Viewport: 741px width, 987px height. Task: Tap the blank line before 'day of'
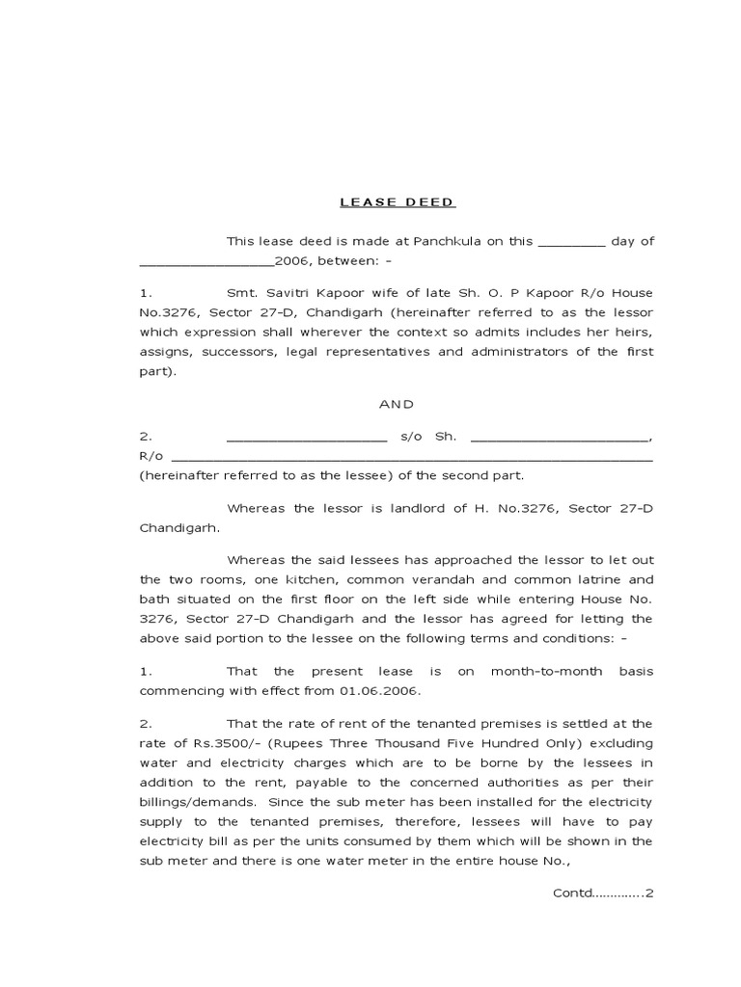[571, 241]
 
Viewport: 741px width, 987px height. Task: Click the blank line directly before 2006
[206, 261]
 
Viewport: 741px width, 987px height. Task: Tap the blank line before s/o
[306, 436]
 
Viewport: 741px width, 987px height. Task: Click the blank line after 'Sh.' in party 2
[560, 436]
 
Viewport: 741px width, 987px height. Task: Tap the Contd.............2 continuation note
[603, 893]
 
